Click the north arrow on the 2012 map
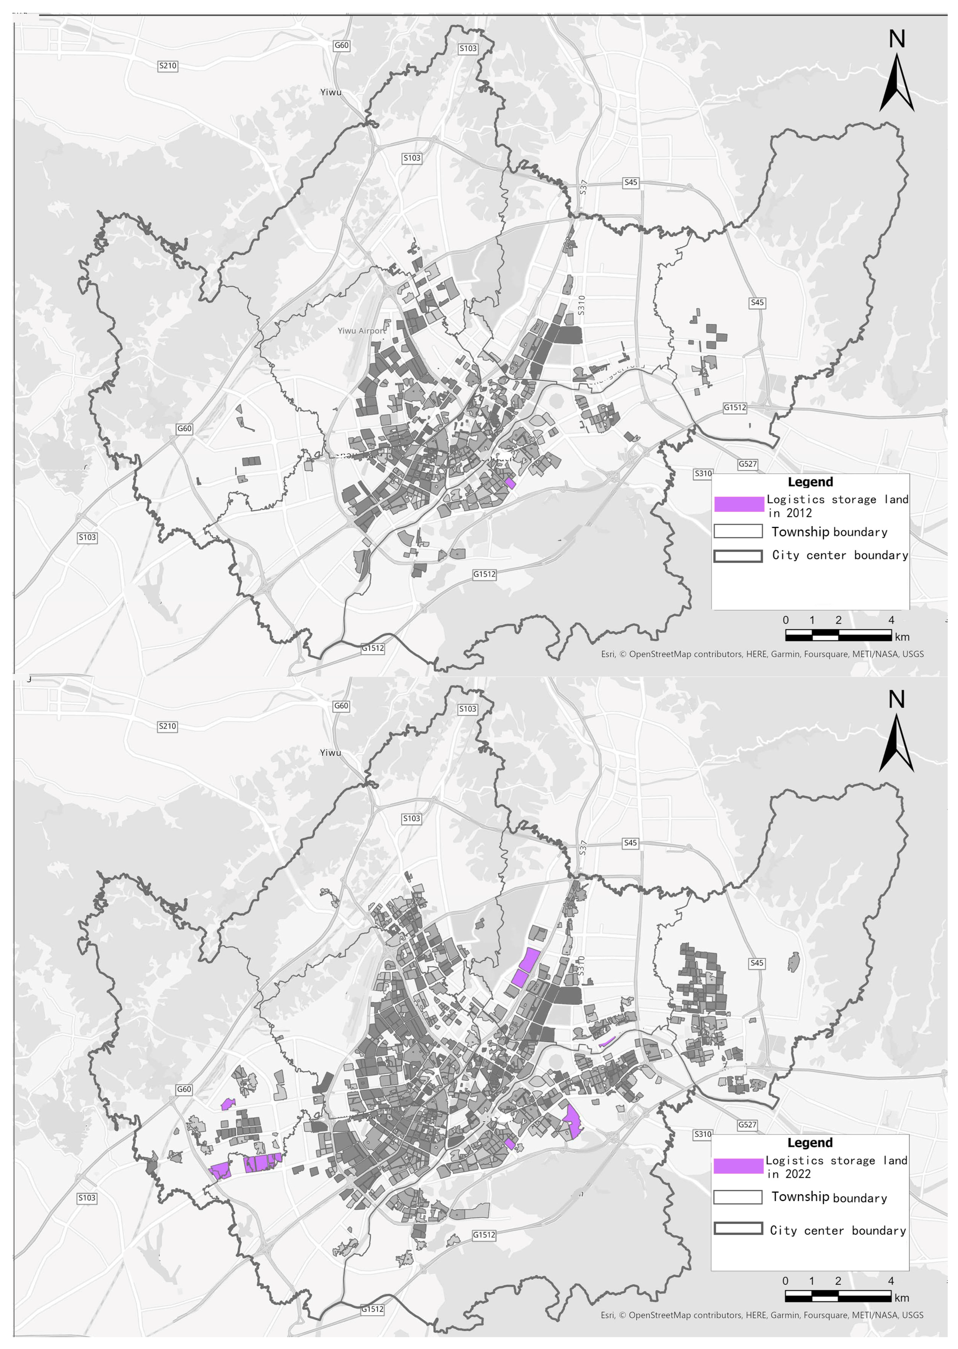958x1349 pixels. coord(897,83)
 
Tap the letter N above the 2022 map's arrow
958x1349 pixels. coord(897,700)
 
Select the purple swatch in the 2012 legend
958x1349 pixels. coord(738,504)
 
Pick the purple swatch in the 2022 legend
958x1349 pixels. coord(738,1165)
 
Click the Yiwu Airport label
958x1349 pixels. coord(361,331)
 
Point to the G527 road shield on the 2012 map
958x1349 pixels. coord(748,464)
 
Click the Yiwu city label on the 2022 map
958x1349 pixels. coord(330,753)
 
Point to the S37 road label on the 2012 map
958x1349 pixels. coord(583,188)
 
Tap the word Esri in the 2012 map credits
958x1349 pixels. coord(608,654)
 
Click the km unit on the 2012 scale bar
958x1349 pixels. coord(902,637)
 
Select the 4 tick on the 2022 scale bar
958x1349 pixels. coord(891,1281)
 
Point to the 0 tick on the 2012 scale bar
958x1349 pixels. coord(786,619)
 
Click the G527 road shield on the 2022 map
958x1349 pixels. coord(747,1125)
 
